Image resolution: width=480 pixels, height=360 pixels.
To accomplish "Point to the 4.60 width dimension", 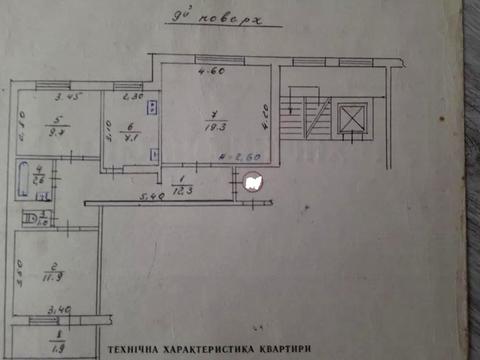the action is coord(209,71).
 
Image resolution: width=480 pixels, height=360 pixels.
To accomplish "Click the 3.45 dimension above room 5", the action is coord(66,97).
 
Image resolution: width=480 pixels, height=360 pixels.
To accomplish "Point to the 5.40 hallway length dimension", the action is coord(152,197).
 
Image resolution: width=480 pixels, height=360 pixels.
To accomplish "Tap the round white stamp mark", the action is coord(252,182).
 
